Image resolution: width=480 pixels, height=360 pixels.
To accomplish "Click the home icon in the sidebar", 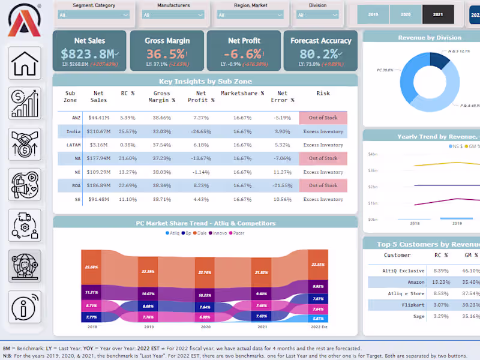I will click(x=25, y=63).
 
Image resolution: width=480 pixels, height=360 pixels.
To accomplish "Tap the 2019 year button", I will click(x=373, y=13).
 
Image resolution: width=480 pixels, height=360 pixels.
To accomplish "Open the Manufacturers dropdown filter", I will click(x=173, y=14).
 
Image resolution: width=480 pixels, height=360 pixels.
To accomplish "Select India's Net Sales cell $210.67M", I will click(x=99, y=131).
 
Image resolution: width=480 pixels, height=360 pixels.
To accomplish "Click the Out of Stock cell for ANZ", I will click(x=323, y=118).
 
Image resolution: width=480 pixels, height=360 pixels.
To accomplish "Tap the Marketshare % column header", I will click(x=242, y=94).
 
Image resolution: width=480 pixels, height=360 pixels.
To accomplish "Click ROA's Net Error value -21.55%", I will click(x=282, y=185).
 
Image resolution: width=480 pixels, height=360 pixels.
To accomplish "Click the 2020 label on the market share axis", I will click(x=206, y=326).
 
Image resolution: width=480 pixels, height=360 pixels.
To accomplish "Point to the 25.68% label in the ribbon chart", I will click(x=91, y=267).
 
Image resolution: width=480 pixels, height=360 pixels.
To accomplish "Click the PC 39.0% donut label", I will click(x=385, y=70).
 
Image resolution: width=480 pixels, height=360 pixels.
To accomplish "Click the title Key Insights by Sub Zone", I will click(x=205, y=81).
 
